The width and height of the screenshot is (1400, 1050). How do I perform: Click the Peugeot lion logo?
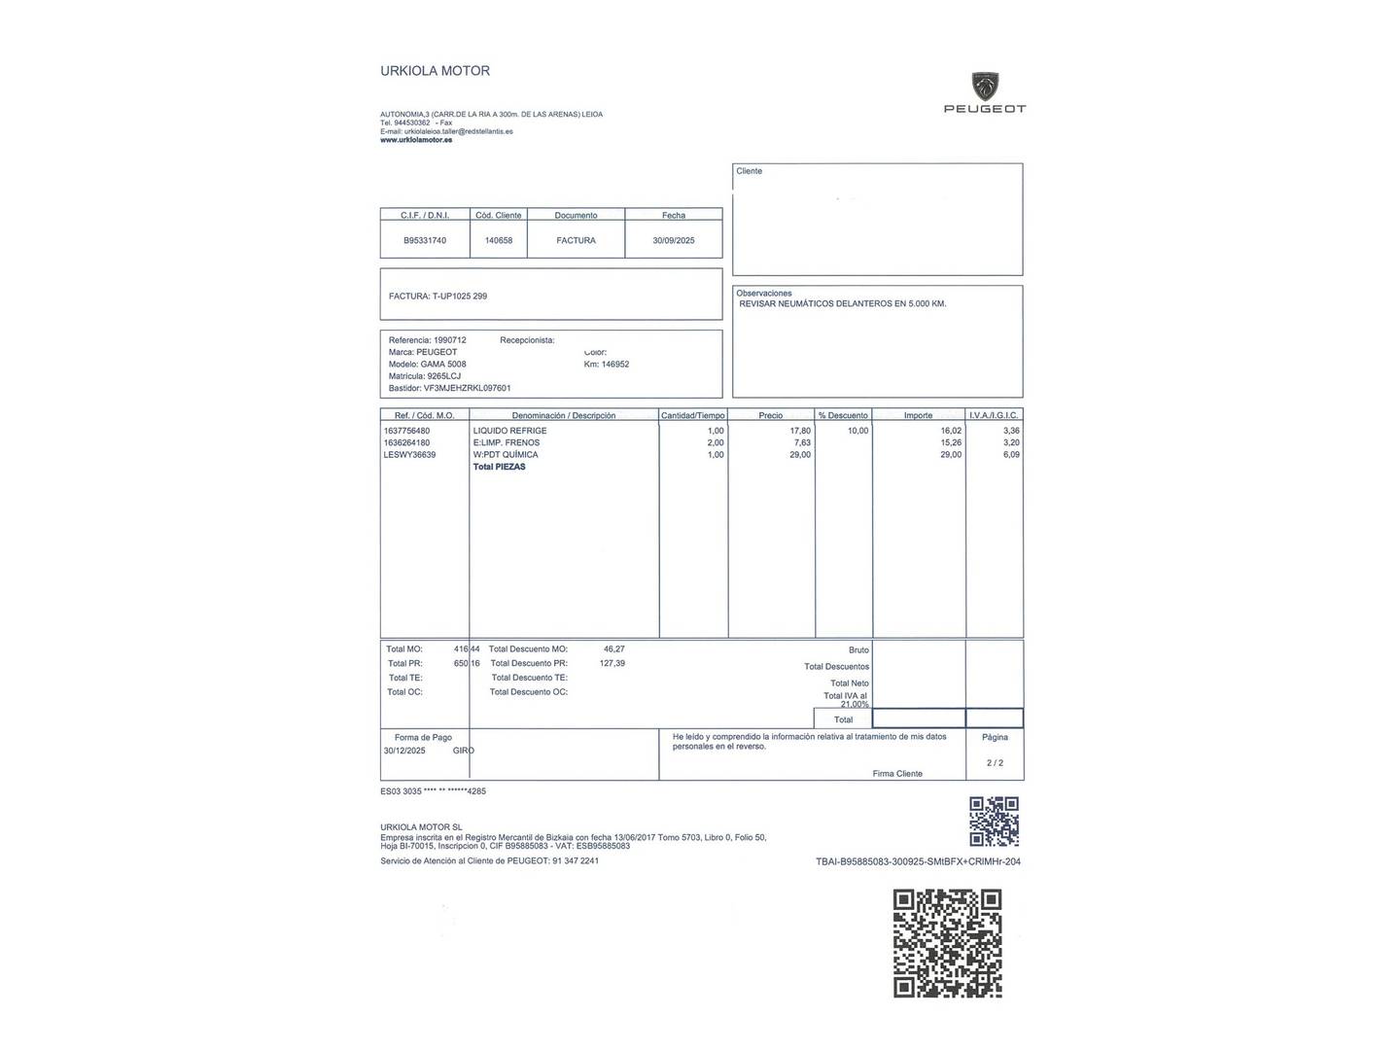(x=985, y=86)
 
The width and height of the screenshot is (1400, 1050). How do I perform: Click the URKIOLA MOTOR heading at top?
(x=435, y=71)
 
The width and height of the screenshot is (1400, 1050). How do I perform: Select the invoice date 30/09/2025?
(x=673, y=240)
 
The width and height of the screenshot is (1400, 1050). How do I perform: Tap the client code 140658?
(x=499, y=240)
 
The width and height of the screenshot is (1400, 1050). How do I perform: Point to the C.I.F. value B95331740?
(x=425, y=240)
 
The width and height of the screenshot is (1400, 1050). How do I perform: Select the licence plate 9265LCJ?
(x=444, y=376)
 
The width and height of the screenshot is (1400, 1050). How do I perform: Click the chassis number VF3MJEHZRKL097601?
(x=467, y=388)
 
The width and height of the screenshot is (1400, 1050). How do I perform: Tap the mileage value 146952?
(x=615, y=365)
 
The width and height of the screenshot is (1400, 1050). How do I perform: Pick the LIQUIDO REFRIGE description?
(x=509, y=431)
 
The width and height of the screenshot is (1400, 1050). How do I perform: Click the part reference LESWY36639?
(x=409, y=455)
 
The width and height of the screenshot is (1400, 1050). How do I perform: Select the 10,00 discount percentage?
(x=857, y=431)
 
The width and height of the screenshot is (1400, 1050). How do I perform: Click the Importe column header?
(x=918, y=415)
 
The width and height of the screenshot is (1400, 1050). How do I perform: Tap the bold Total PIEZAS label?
(x=499, y=467)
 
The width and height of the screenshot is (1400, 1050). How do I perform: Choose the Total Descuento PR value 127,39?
(x=612, y=663)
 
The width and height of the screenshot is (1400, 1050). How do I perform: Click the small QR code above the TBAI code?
(x=994, y=822)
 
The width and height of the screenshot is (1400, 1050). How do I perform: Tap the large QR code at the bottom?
(x=948, y=943)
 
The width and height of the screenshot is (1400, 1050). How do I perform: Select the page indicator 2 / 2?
(x=995, y=763)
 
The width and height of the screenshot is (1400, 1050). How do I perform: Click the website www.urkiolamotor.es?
(x=416, y=140)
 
